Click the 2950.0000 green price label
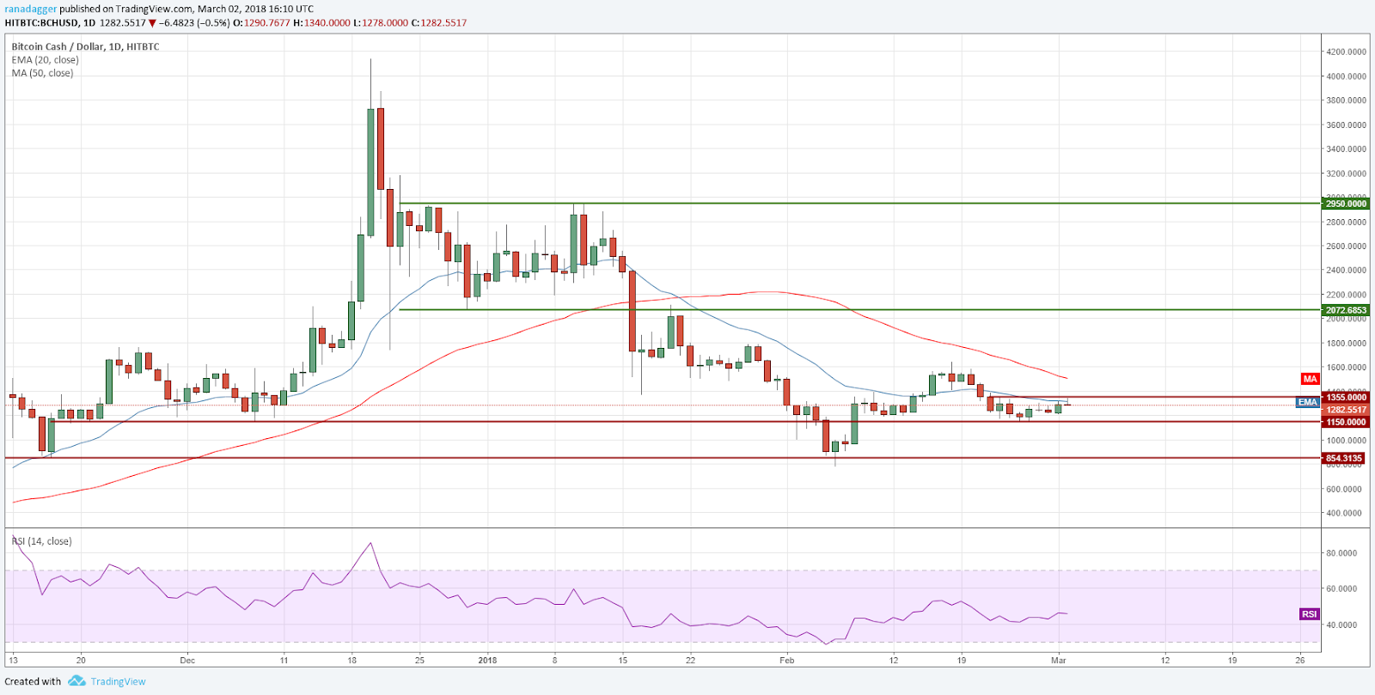(x=1346, y=204)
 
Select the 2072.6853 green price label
(x=1346, y=310)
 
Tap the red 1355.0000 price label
(x=1346, y=397)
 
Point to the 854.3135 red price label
(x=1344, y=458)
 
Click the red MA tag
(x=1309, y=379)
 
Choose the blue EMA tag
(x=1307, y=402)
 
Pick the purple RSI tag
(x=1309, y=613)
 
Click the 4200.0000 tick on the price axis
(x=1346, y=52)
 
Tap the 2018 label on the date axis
(x=487, y=661)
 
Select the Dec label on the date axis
(x=187, y=661)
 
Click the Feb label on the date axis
(x=786, y=661)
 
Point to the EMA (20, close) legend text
(x=45, y=60)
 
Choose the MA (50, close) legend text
(x=42, y=73)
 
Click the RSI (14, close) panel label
(x=41, y=541)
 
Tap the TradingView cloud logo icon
(x=76, y=681)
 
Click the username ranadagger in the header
(x=30, y=9)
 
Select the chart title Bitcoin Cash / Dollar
(x=56, y=46)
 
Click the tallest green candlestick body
(x=370, y=172)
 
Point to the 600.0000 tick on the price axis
(x=1346, y=489)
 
